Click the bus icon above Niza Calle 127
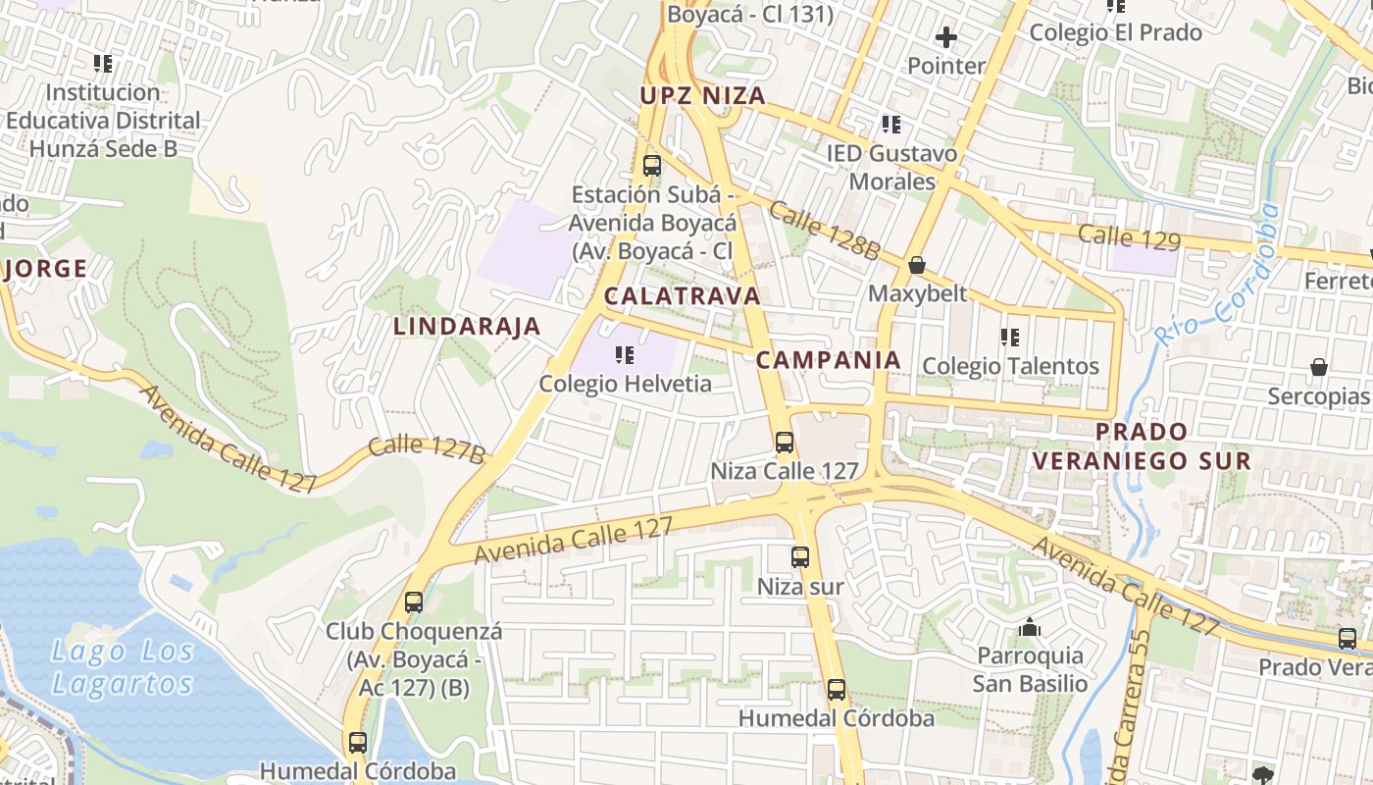785,442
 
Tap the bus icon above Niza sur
800,557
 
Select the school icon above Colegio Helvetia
624,354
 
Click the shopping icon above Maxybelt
917,265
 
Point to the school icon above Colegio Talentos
1010,338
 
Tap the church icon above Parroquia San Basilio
1030,626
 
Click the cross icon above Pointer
946,38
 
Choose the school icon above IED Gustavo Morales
891,125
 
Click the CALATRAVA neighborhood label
683,295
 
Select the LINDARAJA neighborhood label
467,327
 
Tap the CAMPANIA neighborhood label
829,359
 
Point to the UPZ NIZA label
702,95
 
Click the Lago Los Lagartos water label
123,667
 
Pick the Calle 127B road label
428,448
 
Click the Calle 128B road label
824,231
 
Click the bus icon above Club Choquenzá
414,602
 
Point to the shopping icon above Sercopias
1319,367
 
